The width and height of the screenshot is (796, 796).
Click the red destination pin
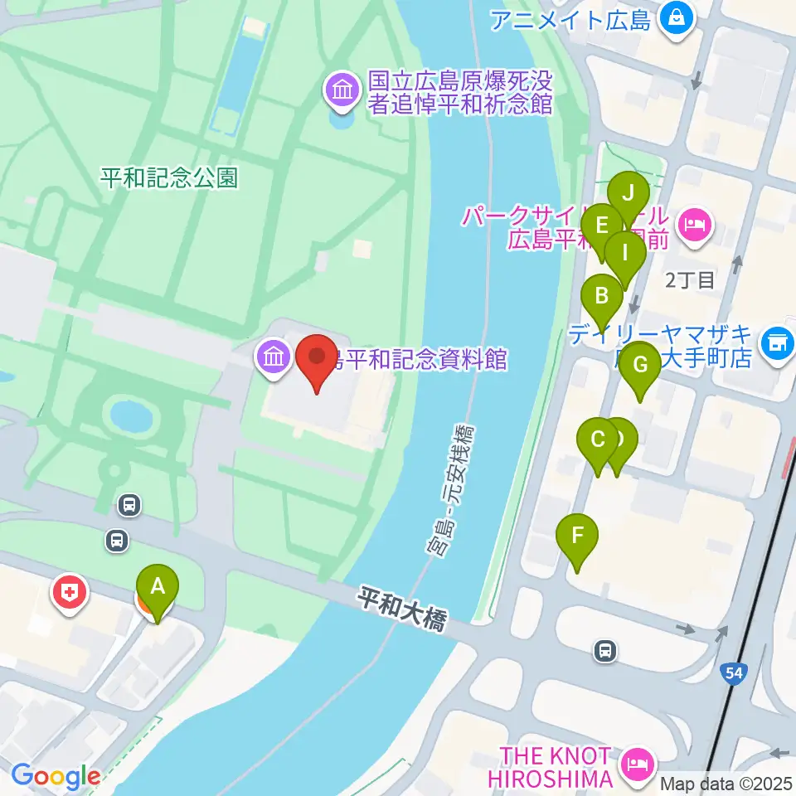[318, 359]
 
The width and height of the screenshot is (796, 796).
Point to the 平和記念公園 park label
[169, 177]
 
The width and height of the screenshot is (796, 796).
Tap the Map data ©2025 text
[726, 783]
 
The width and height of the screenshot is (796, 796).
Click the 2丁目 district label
[690, 279]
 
